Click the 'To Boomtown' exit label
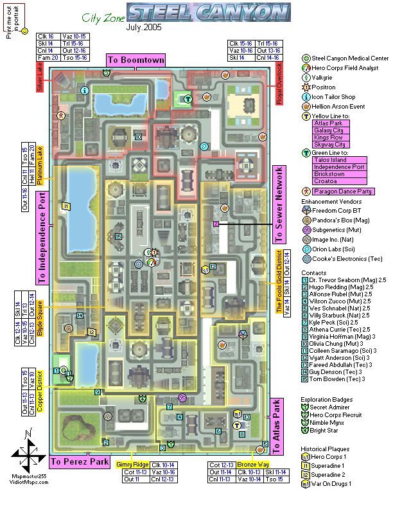pos(135,60)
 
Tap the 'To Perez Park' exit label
pos(81,461)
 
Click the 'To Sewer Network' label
pos(278,204)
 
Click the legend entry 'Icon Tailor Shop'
pos(334,98)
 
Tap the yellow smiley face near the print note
pos(24,31)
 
